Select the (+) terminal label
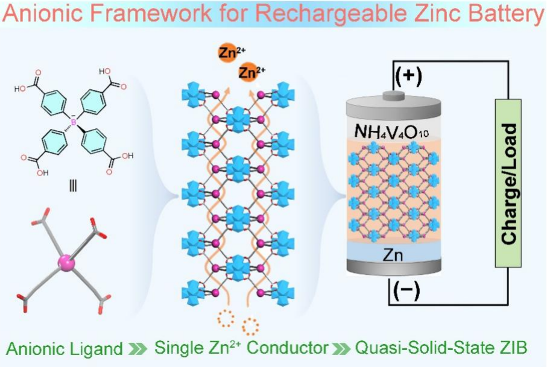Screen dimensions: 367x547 [x=408, y=76]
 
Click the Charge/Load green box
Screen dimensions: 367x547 [x=508, y=183]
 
